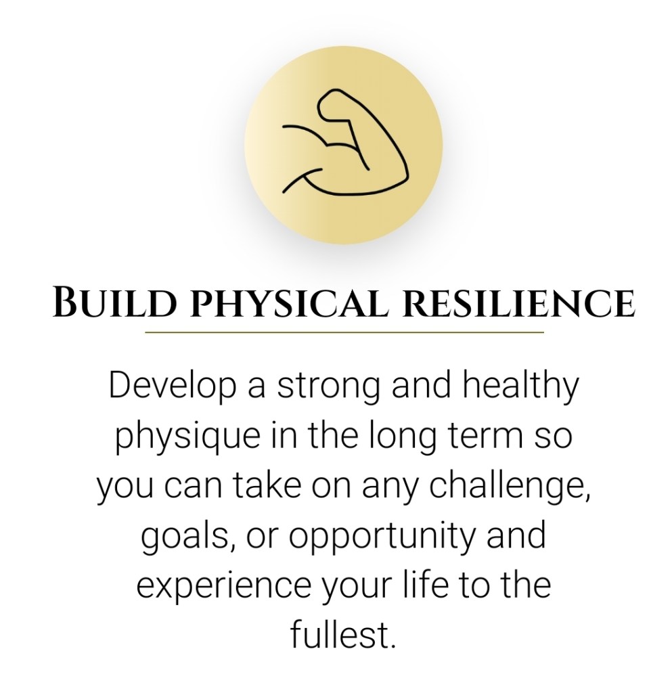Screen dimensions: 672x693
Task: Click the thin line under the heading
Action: pos(344,332)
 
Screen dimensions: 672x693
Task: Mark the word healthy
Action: pos(520,386)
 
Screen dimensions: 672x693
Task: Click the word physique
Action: pos(187,437)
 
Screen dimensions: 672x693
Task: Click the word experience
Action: pos(223,588)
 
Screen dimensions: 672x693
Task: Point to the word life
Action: pos(426,585)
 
